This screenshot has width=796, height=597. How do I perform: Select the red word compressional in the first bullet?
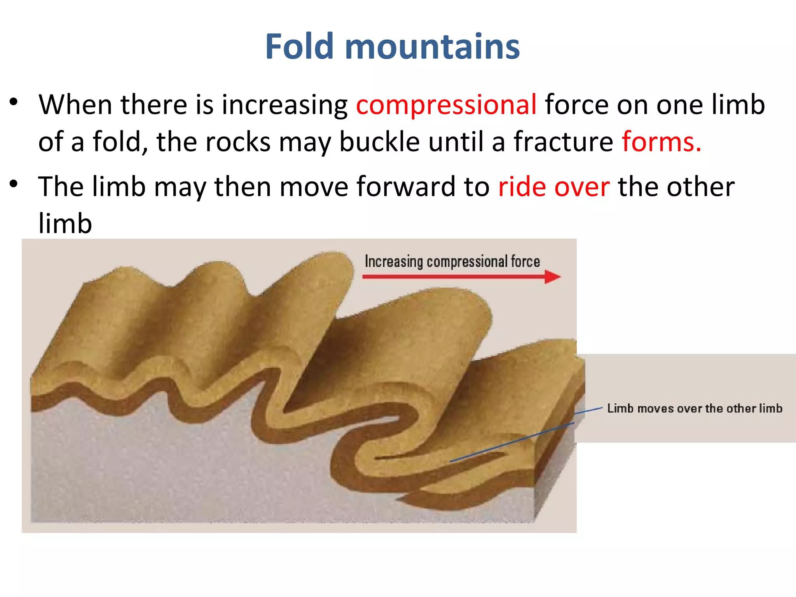point(446,105)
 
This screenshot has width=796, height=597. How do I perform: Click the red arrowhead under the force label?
point(552,277)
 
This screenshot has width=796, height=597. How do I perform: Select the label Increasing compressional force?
point(452,262)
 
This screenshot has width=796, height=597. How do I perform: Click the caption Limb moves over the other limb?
point(695,408)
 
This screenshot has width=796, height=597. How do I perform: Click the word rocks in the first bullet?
point(237,141)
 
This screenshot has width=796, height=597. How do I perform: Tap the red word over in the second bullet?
point(582,187)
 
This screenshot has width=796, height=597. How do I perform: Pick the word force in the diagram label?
point(525,262)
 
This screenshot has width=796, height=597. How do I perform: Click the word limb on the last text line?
point(65,223)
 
